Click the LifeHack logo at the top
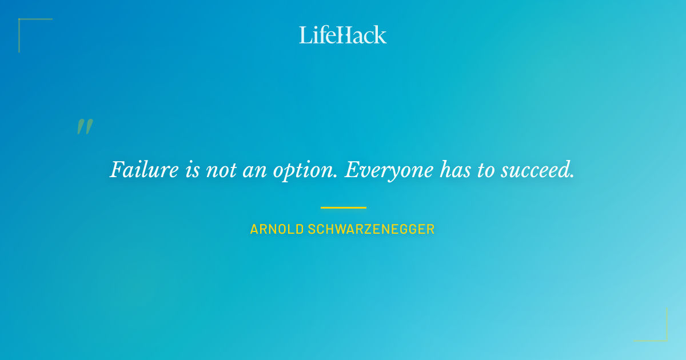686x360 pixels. coord(343,34)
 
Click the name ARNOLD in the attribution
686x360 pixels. coord(277,230)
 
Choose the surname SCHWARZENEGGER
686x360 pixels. coord(372,230)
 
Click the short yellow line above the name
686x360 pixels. coord(343,207)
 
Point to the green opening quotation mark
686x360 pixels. coord(85,127)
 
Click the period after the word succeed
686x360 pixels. coord(572,176)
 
